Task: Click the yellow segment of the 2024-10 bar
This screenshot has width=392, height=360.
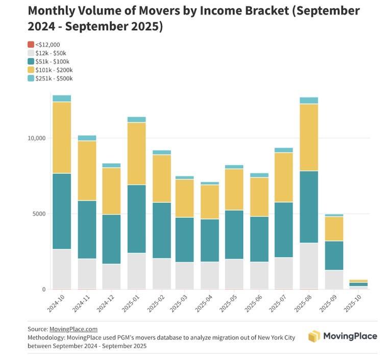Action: (x=62, y=138)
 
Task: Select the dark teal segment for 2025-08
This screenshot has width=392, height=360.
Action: (x=309, y=207)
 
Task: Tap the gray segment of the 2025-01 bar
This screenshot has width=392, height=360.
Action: (x=136, y=271)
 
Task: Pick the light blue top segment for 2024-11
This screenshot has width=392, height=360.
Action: (x=87, y=138)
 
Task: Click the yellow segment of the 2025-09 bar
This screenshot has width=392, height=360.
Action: (x=334, y=228)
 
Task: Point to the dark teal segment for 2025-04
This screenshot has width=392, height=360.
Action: (x=210, y=240)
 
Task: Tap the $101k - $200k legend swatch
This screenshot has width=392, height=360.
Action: (x=31, y=70)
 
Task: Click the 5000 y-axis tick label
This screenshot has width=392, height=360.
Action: (x=39, y=214)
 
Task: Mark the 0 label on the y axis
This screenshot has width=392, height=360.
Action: (x=44, y=290)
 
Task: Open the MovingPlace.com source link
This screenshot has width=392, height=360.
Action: (x=73, y=329)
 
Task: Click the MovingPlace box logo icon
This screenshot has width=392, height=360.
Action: (x=314, y=336)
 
